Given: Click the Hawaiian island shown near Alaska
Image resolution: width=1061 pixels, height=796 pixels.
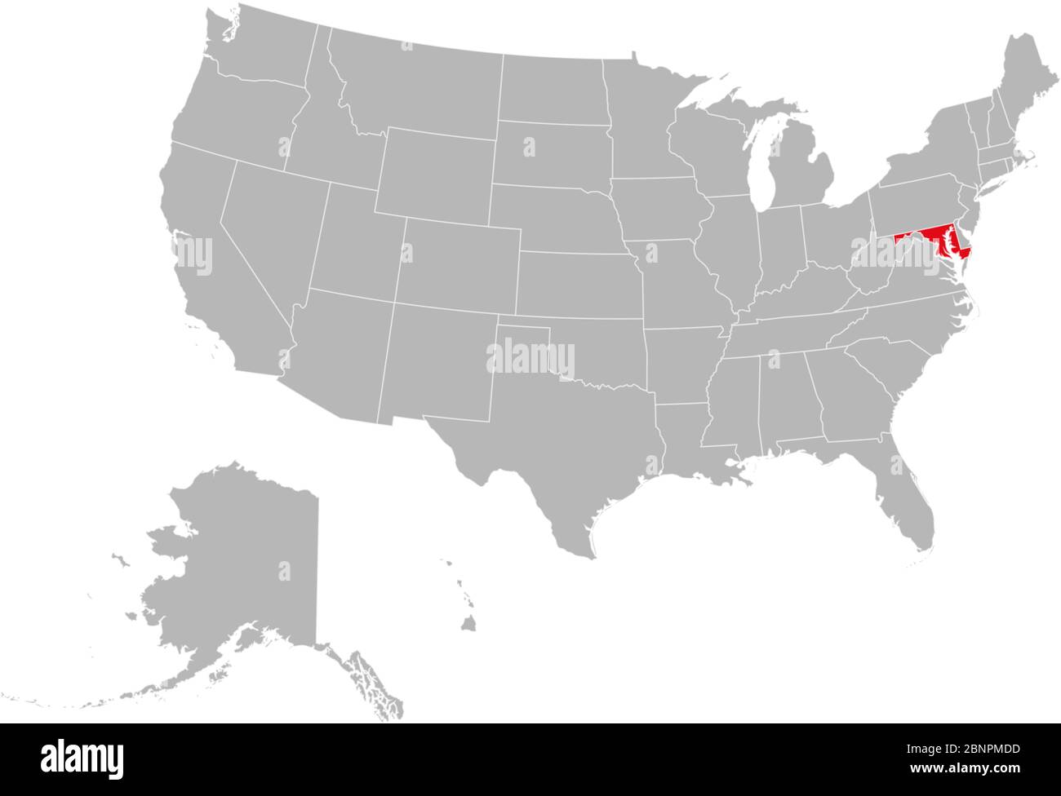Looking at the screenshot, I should [468, 625].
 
